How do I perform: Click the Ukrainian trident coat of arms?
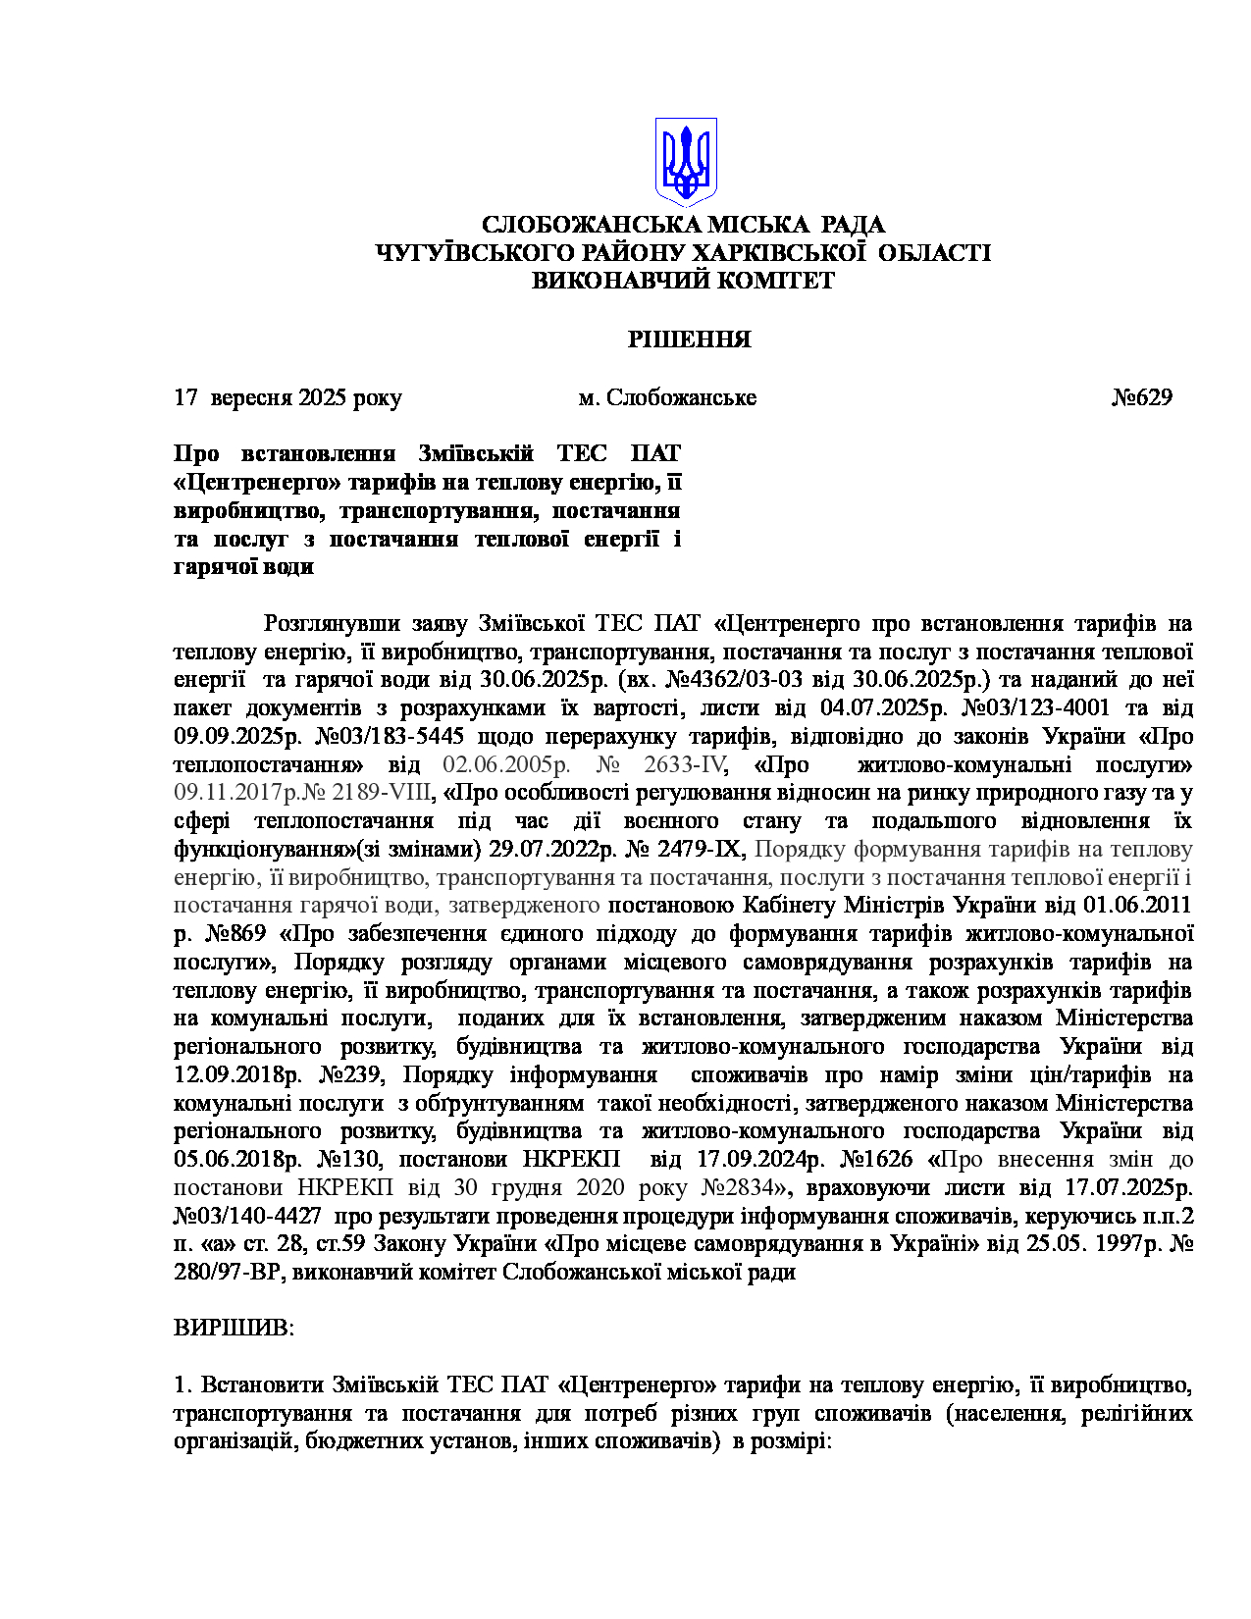[x=686, y=161]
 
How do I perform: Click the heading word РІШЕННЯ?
[x=689, y=339]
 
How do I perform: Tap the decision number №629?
[x=1141, y=397]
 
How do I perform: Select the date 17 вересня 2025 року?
[x=287, y=397]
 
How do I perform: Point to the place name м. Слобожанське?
[x=667, y=397]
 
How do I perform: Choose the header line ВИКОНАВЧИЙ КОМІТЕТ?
[x=683, y=281]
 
